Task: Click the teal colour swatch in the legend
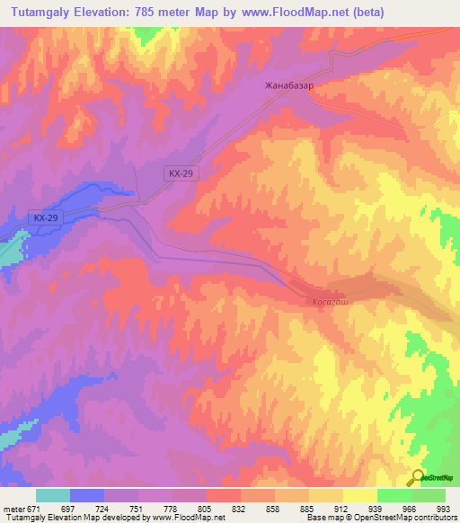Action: click(53, 495)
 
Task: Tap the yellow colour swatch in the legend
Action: click(360, 495)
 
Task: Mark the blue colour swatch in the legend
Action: click(87, 495)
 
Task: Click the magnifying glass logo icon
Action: click(418, 477)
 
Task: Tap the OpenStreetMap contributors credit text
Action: click(409, 518)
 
